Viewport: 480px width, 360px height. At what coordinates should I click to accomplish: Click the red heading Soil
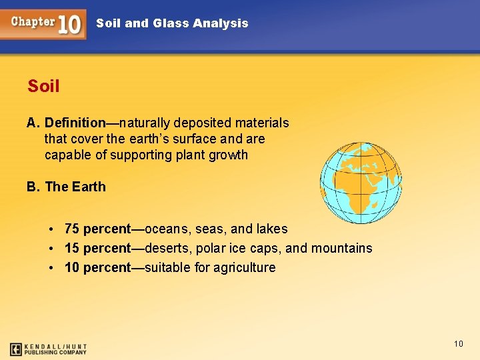43,86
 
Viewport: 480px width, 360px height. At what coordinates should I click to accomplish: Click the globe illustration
361,183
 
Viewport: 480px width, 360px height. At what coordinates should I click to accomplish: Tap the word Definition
75,123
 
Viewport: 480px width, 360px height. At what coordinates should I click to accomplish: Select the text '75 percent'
97,229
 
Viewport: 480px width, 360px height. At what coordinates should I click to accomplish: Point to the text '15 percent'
97,248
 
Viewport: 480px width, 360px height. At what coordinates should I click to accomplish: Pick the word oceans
168,229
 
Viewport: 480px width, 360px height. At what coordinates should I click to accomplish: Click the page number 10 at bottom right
458,343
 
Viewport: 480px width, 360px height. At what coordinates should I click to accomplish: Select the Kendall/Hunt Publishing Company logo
48,349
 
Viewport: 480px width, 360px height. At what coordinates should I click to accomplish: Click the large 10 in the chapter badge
69,25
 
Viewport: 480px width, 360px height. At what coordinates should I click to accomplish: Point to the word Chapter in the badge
33,21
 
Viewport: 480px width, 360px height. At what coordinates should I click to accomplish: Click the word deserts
169,248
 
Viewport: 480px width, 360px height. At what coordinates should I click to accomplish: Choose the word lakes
272,229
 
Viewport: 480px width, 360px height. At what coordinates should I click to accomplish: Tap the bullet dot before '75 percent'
51,229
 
